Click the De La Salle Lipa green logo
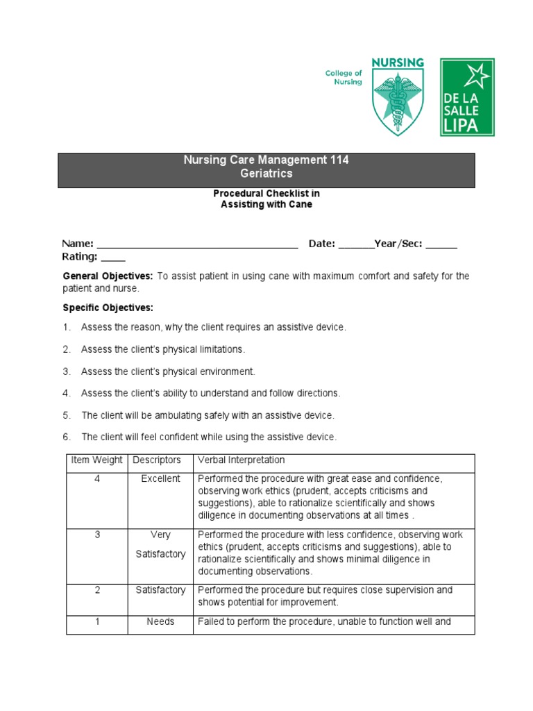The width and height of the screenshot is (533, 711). pyautogui.click(x=468, y=97)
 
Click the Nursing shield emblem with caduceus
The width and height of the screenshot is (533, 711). pyautogui.click(x=397, y=97)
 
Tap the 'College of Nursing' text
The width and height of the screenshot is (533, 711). pyautogui.click(x=344, y=77)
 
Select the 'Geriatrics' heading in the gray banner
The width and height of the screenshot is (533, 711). pyautogui.click(x=266, y=174)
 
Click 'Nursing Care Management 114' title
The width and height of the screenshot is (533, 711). pyautogui.click(x=266, y=160)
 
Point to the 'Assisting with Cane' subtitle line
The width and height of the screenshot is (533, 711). pyautogui.click(x=266, y=204)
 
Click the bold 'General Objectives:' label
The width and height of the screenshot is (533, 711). pyautogui.click(x=108, y=276)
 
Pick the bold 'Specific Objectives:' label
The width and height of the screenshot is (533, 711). pyautogui.click(x=108, y=308)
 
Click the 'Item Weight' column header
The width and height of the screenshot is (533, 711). pyautogui.click(x=96, y=460)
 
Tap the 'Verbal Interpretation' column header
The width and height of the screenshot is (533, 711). pyautogui.click(x=241, y=460)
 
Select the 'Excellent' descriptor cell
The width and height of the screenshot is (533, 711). pyautogui.click(x=160, y=478)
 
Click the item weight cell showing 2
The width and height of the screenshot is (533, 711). pyautogui.click(x=97, y=589)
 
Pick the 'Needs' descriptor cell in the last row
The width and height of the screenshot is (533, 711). pyautogui.click(x=160, y=621)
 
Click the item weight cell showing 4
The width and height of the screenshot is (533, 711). pyautogui.click(x=97, y=478)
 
